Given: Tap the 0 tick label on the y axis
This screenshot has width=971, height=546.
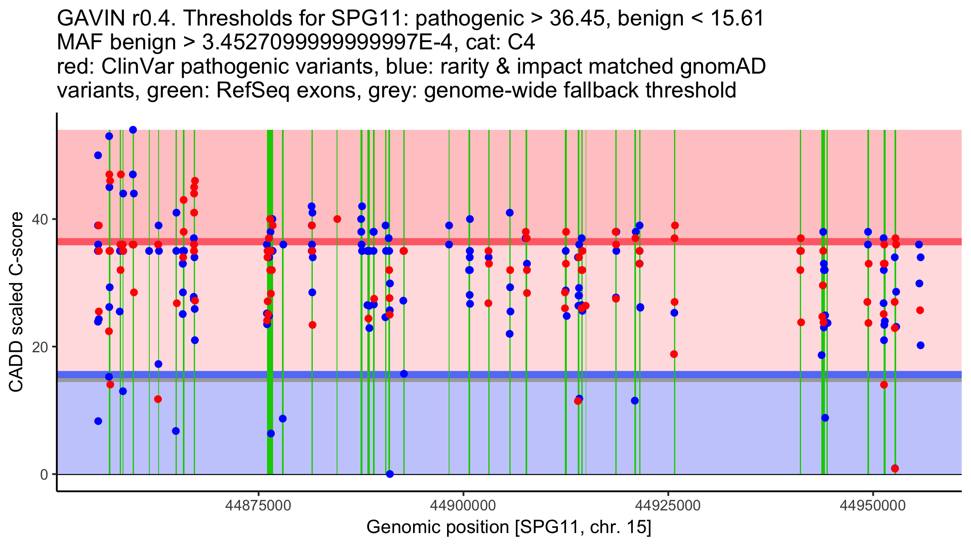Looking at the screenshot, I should [44, 474].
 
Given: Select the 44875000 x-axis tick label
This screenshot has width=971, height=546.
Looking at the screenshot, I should [258, 506].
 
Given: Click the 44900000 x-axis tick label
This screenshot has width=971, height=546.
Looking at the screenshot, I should [463, 506].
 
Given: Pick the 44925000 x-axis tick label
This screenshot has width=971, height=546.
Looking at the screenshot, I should [668, 506].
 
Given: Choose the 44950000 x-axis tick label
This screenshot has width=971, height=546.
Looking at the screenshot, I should [873, 506].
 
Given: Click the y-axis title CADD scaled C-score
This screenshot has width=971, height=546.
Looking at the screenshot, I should [16, 302].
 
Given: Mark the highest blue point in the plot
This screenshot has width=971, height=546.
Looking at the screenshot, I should [133, 130].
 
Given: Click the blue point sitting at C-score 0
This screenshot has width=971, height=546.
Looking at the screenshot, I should [390, 474].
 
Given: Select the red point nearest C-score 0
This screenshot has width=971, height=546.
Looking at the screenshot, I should [895, 468].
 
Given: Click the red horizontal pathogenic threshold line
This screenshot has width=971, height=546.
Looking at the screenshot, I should [728, 241].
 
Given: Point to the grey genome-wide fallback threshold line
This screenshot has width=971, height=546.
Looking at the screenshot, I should [728, 380].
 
